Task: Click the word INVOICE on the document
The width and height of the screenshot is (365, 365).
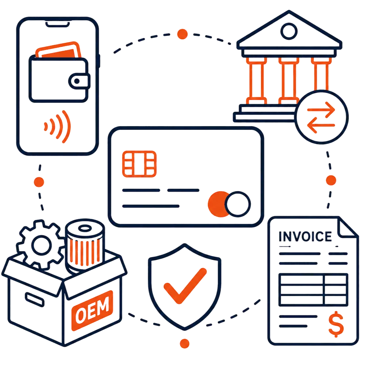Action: coord(305,236)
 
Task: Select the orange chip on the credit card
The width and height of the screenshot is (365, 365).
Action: coord(139,164)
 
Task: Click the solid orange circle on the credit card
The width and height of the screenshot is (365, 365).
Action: coord(218,204)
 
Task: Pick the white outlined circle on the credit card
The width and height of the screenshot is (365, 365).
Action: coord(238,204)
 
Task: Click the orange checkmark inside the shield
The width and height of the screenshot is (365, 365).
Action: coord(185,286)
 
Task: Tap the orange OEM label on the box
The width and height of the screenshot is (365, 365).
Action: coord(92,311)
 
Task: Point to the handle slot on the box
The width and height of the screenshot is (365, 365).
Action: coord(35,300)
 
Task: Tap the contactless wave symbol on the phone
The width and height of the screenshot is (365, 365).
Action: coord(57,127)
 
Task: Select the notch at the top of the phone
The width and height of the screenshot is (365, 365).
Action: coord(58,24)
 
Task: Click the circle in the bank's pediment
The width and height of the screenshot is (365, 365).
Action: coord(289,31)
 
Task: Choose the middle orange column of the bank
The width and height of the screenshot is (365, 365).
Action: coord(289,81)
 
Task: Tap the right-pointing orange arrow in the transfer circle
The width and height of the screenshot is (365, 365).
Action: coord(321,109)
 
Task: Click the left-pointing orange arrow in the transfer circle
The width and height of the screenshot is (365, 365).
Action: coord(321,125)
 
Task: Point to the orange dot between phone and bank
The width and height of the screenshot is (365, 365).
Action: coord(182,34)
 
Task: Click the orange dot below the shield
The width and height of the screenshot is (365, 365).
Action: coord(184,344)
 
